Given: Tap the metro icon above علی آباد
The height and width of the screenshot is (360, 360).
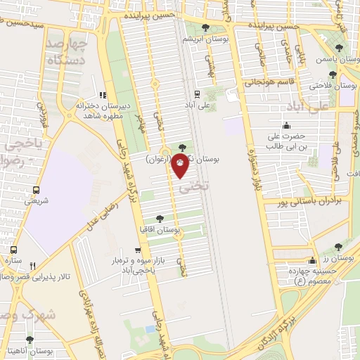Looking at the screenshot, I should [196, 92].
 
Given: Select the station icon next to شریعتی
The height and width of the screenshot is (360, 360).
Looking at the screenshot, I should [36, 189].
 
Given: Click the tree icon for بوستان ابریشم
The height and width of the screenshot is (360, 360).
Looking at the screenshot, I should [205, 27].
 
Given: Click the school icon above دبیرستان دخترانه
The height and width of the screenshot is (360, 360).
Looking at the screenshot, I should [103, 95].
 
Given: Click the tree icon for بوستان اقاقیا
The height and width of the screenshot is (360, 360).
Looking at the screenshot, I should [160, 219].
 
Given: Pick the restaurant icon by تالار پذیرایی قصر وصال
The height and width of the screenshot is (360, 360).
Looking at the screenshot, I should [32, 266].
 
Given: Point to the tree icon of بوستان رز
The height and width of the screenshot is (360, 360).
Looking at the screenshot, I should [339, 247].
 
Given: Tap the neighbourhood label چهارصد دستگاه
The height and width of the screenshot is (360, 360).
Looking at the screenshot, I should [65, 53].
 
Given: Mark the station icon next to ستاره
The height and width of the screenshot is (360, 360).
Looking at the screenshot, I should [14, 250].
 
